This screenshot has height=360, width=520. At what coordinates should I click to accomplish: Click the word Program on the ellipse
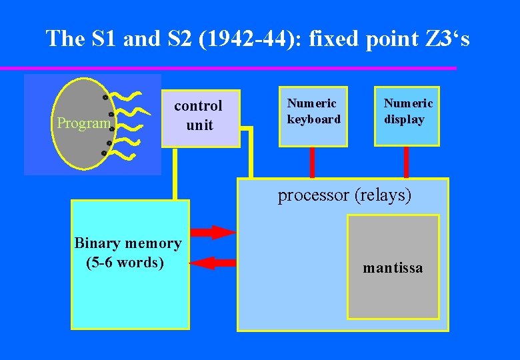tap(83, 123)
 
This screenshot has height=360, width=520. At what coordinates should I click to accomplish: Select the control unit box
tap(200, 118)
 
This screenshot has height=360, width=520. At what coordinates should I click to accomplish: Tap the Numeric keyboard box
tap(313, 117)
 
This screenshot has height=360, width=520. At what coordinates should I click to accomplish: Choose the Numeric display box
tap(407, 117)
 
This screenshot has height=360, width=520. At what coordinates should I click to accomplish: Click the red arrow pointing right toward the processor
tap(213, 232)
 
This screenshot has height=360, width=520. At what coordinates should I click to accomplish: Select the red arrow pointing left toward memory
tap(213, 263)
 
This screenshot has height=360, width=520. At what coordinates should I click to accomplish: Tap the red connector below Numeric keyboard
tap(312, 162)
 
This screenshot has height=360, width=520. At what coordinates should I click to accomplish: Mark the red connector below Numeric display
tap(407, 162)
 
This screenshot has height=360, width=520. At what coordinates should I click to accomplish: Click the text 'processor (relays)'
tap(344, 195)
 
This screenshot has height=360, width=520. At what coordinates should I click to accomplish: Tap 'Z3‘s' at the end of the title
tap(447, 39)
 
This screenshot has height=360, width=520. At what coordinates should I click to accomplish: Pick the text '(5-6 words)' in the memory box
tap(125, 262)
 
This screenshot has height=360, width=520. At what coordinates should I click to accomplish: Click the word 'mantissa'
tap(393, 269)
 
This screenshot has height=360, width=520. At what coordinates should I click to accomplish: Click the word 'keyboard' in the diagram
tap(313, 119)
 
